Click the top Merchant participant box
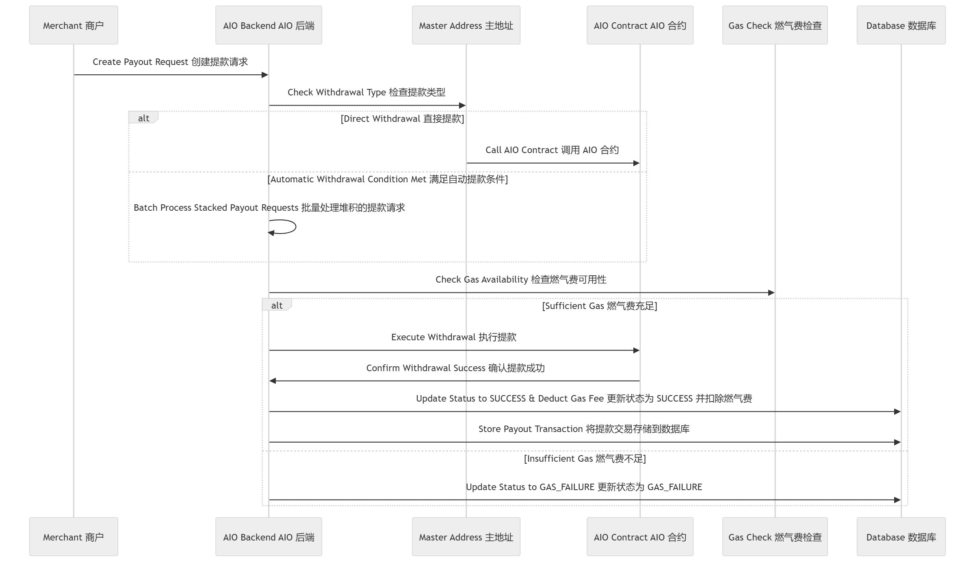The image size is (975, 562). tap(74, 25)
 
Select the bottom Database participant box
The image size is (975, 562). tap(901, 536)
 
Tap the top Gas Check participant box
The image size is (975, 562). tap(775, 25)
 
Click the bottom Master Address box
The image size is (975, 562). tap(466, 536)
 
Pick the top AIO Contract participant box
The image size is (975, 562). tap(640, 25)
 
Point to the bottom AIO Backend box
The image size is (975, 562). tap(269, 536)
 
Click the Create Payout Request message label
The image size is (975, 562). tap(170, 62)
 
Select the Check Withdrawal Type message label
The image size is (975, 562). tap(366, 92)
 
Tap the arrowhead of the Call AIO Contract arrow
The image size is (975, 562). tap(637, 163)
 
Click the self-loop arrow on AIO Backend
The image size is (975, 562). tap(296, 227)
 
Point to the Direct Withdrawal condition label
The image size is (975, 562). tap(402, 119)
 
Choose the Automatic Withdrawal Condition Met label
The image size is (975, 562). tap(388, 179)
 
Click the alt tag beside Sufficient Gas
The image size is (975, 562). tap(277, 305)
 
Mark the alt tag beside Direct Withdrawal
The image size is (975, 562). tap(143, 118)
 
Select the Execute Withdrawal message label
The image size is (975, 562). tap(454, 337)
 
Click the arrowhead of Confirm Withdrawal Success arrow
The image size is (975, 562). tap(273, 381)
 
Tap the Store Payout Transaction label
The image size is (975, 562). tap(584, 429)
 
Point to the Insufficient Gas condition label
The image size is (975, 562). tap(585, 458)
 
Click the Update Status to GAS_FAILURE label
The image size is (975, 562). tap(584, 487)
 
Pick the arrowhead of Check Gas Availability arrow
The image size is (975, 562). tap(771, 293)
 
